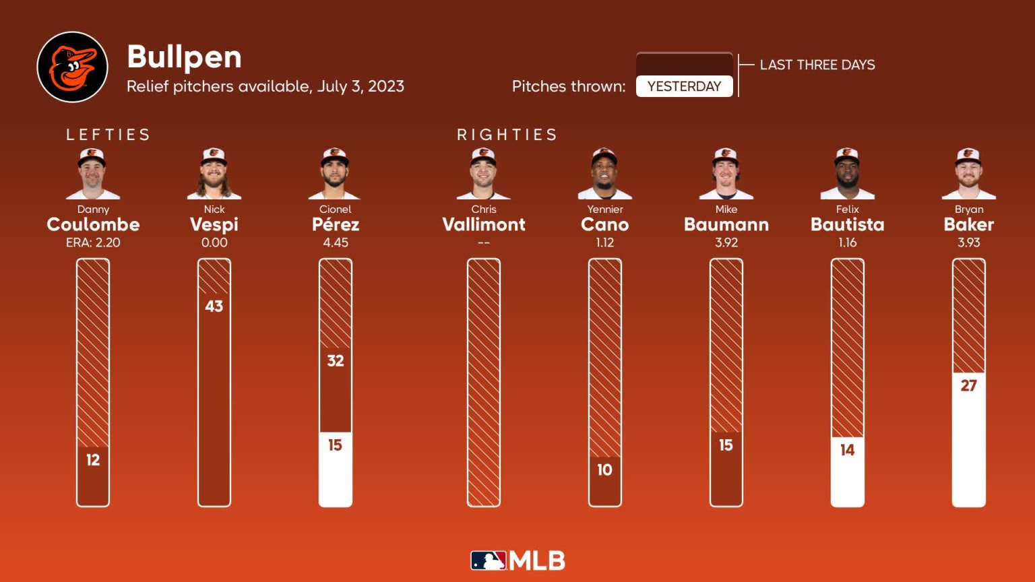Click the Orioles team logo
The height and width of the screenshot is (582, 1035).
pyautogui.click(x=72, y=67)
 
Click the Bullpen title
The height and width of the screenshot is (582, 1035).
pyautogui.click(x=184, y=57)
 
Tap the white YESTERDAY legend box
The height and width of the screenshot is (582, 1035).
pyautogui.click(x=684, y=86)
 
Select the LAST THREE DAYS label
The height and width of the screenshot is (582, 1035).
pyautogui.click(x=817, y=65)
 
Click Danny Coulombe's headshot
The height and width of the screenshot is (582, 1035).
pyautogui.click(x=93, y=174)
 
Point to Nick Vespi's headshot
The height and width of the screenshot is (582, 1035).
pyautogui.click(x=214, y=174)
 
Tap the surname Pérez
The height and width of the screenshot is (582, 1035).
pyautogui.click(x=336, y=224)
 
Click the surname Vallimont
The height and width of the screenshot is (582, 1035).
pyautogui.click(x=484, y=224)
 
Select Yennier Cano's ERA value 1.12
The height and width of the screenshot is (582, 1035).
pyautogui.click(x=605, y=243)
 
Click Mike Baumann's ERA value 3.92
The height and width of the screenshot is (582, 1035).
pyautogui.click(x=726, y=243)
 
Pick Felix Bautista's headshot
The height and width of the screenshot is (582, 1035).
pyautogui.click(x=847, y=174)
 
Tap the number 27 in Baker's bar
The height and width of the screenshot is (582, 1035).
pyautogui.click(x=968, y=385)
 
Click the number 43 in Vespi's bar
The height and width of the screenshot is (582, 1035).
pyautogui.click(x=214, y=306)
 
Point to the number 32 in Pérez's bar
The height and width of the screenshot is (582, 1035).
pyautogui.click(x=336, y=361)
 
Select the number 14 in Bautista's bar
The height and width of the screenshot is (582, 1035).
pyautogui.click(x=847, y=450)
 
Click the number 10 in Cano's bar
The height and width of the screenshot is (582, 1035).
pyautogui.click(x=605, y=470)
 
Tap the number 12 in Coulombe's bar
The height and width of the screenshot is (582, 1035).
pyautogui.click(x=93, y=460)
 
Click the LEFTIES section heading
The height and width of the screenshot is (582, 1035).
pyautogui.click(x=108, y=135)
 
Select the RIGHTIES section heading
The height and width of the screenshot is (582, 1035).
pyautogui.click(x=507, y=135)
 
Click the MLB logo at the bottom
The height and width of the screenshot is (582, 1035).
pyautogui.click(x=517, y=560)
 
